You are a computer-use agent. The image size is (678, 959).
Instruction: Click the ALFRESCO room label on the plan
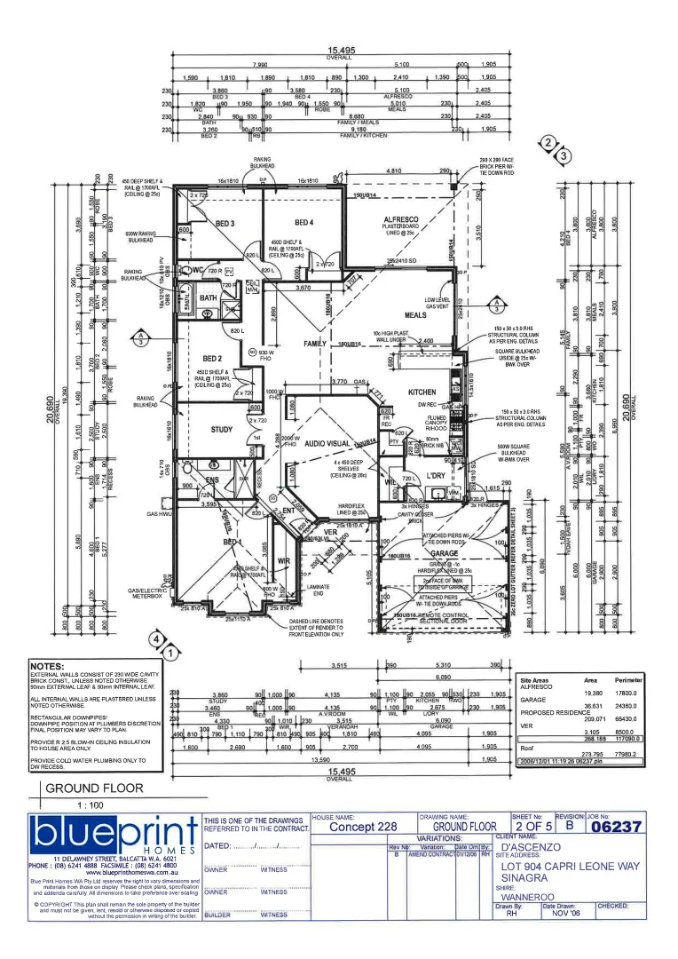[x=401, y=218]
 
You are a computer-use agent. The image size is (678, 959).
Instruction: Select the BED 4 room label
[x=304, y=223]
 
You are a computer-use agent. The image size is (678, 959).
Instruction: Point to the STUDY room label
[x=222, y=430]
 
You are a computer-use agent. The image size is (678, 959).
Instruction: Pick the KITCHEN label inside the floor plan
[x=422, y=392]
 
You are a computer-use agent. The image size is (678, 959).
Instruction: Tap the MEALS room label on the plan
[x=415, y=315]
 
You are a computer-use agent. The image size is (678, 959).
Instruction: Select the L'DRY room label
[x=436, y=477]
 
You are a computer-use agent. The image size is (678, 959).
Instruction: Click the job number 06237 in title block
[x=615, y=827]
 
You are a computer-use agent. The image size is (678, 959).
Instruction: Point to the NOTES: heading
[x=47, y=666]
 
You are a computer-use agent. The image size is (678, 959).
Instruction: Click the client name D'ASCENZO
[x=531, y=847]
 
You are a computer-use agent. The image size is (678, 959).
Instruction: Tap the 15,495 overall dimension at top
[x=339, y=52]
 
